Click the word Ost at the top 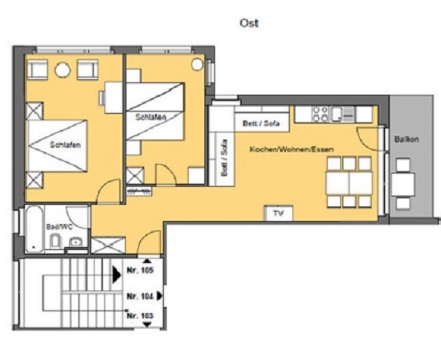(x=249, y=23)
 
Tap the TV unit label (x=279, y=213)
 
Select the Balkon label (x=406, y=139)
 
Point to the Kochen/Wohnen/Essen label (x=292, y=149)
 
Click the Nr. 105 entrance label (x=140, y=270)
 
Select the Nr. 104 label (x=140, y=296)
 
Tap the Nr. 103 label (x=140, y=316)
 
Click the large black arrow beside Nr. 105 (x=117, y=275)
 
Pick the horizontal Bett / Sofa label (x=261, y=123)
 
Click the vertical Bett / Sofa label (x=224, y=158)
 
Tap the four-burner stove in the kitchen (x=320, y=114)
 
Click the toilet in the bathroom (x=55, y=240)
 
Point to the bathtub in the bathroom (x=35, y=228)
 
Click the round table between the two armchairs (x=62, y=70)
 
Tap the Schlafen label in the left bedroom (x=65, y=145)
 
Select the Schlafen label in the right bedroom (x=151, y=117)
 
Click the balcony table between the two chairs (x=403, y=184)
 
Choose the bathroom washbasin (x=76, y=242)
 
